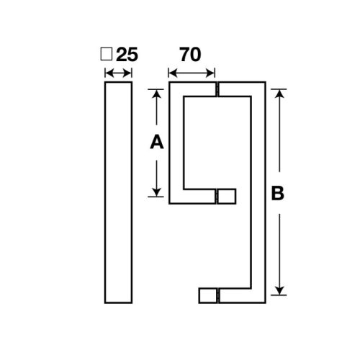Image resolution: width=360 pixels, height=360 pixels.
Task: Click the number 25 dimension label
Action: pos(127,54)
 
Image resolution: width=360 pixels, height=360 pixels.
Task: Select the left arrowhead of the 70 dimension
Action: pos(171,71)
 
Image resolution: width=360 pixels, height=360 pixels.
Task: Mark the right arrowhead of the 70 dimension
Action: pos(212,71)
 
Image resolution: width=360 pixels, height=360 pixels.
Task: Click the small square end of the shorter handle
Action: pos(226,196)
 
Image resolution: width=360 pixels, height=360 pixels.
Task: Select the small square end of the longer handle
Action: pos(207,295)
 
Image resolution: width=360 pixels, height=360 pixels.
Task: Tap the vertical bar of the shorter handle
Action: pos(176,144)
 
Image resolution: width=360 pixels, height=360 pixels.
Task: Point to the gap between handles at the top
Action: pos(216,91)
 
